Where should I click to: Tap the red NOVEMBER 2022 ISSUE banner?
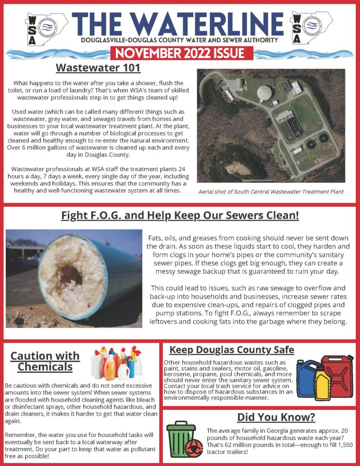(180, 53)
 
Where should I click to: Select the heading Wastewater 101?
(98, 68)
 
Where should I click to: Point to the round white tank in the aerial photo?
(266, 93)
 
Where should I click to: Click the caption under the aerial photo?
(271, 192)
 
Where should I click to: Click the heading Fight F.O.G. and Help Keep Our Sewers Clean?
(180, 215)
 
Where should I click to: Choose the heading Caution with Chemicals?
(45, 361)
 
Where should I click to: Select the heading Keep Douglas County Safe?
(232, 350)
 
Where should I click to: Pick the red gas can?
(337, 376)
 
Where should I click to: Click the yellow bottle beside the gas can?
(322, 385)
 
